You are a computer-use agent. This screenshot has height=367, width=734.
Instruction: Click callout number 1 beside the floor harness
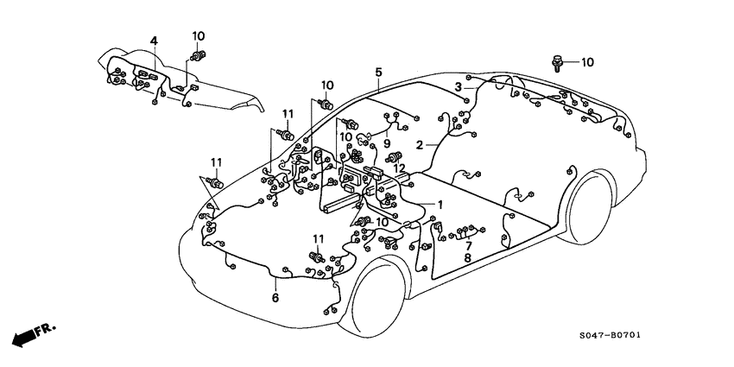[x=439, y=205]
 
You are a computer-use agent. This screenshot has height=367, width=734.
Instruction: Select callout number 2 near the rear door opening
[x=420, y=145]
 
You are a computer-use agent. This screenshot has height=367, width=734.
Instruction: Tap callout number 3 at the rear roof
[x=459, y=85]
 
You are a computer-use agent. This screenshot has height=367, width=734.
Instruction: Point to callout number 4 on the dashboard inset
[x=154, y=41]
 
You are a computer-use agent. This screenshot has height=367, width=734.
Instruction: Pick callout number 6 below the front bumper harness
[x=275, y=298]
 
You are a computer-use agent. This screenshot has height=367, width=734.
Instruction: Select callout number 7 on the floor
[x=468, y=245]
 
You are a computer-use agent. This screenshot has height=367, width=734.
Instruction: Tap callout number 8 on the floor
[x=467, y=257]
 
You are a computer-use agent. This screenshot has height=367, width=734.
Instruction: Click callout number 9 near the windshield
[x=388, y=143]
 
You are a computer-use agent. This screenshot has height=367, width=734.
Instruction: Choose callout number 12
[x=399, y=168]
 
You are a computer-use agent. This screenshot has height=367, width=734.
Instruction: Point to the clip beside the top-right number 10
[x=558, y=62]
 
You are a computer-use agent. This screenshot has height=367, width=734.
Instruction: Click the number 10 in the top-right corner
[x=587, y=62]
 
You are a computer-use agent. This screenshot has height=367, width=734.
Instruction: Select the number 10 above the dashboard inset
[x=198, y=35]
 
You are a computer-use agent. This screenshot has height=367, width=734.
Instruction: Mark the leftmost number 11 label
[x=215, y=162]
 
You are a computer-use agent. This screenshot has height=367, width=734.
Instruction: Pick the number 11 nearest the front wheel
[x=318, y=238]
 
